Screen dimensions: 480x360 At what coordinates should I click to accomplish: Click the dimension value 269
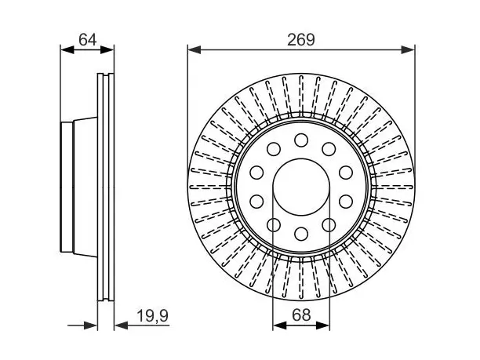[301, 39]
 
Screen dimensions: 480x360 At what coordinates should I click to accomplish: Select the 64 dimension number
[87, 39]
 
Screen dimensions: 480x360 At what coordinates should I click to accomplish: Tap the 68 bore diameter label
[301, 315]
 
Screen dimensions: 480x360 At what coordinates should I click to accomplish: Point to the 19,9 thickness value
[152, 315]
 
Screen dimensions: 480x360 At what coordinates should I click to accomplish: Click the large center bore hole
[301, 187]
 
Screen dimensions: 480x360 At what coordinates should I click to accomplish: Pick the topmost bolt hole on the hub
[301, 140]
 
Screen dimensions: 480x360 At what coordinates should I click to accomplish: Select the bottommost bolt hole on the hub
[301, 234]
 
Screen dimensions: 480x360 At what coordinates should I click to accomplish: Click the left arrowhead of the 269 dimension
[195, 49]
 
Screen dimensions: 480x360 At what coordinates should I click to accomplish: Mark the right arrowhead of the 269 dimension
[408, 49]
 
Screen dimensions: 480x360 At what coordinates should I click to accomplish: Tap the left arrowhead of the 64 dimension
[67, 49]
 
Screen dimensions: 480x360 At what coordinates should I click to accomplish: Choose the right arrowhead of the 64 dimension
[107, 49]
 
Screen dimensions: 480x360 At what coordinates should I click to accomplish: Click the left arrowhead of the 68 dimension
[279, 325]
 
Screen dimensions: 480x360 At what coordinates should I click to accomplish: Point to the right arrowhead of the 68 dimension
[323, 325]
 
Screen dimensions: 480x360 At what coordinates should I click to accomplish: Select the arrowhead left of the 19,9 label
[121, 325]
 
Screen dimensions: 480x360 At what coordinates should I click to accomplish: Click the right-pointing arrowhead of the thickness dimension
[91, 325]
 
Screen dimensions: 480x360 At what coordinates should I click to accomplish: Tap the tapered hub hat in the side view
[85, 187]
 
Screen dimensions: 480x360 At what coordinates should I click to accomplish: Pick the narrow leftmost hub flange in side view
[67, 187]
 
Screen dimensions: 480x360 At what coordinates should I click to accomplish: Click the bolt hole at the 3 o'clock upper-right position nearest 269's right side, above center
[346, 173]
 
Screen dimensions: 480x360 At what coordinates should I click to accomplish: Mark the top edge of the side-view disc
[106, 74]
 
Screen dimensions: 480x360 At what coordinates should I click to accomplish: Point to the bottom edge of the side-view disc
[106, 300]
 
